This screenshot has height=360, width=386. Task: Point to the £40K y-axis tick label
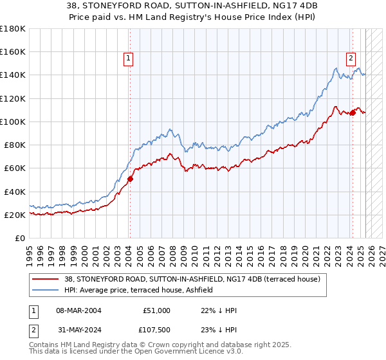(14, 192)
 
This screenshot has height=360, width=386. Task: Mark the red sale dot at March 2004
(130, 179)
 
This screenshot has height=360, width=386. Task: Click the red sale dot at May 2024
(353, 113)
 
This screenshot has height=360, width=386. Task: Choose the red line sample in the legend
(46, 279)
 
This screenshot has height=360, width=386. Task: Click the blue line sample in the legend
(46, 291)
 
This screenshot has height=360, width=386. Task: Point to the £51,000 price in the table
(156, 310)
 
